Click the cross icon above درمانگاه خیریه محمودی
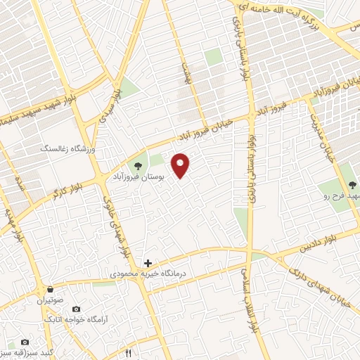pos(148,263)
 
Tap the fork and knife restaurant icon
pos(128,352)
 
